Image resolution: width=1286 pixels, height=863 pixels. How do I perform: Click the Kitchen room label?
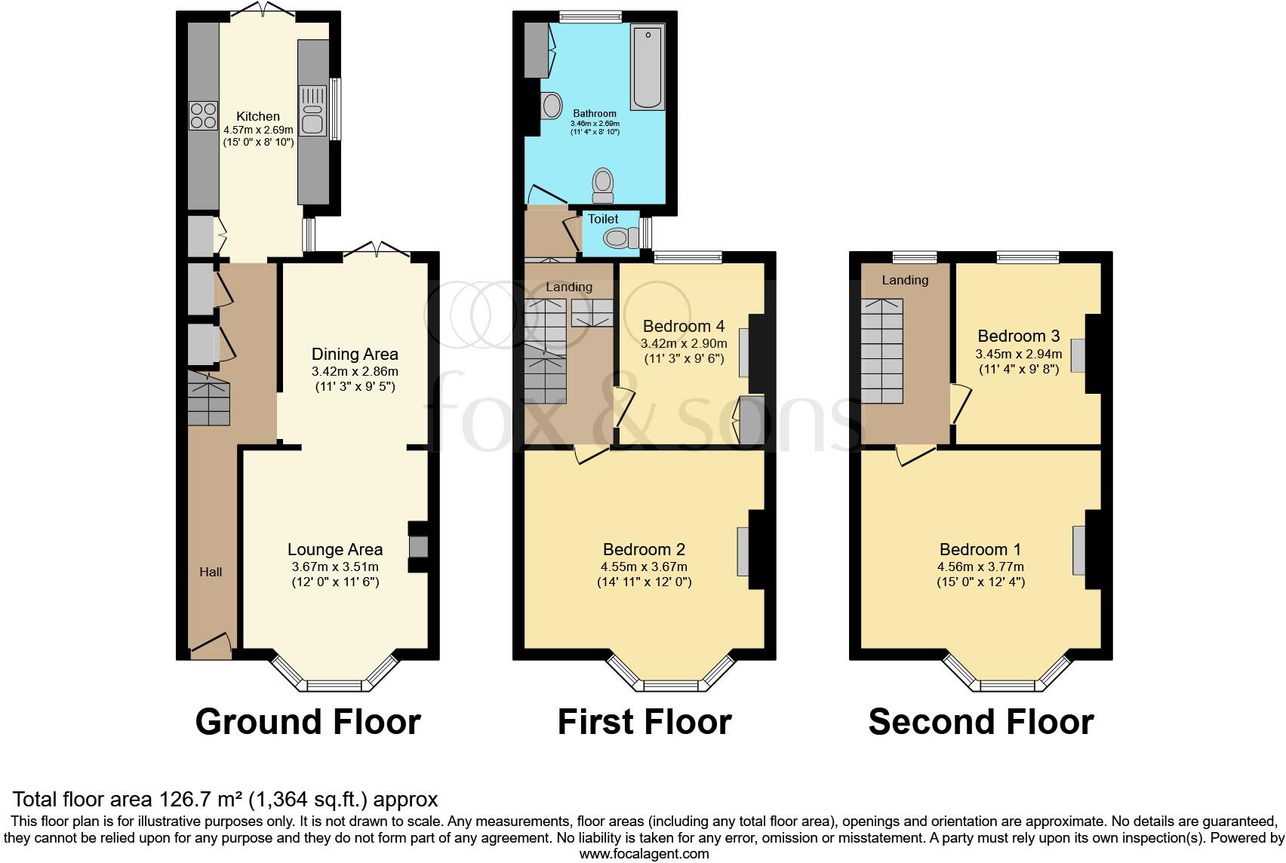pyautogui.click(x=258, y=116)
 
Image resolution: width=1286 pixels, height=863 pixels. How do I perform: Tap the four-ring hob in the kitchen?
pyautogui.click(x=202, y=116)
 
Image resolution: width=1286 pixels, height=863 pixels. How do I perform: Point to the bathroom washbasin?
pyautogui.click(x=552, y=106)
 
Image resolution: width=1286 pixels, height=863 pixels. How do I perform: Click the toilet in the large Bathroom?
pyautogui.click(x=602, y=186)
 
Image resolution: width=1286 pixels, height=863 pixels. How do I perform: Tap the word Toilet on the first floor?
pyautogui.click(x=603, y=219)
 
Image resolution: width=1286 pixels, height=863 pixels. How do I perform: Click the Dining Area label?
pyautogui.click(x=355, y=354)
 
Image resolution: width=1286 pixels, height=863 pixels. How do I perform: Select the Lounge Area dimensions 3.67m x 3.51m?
pyautogui.click(x=335, y=567)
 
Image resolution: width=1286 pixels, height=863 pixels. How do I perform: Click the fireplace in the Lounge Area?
pyautogui.click(x=417, y=546)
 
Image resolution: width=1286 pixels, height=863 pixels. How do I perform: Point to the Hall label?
pyautogui.click(x=211, y=572)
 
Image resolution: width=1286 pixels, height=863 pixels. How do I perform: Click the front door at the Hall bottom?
pyautogui.click(x=211, y=646)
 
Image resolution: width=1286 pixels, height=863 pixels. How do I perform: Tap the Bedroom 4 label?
pyautogui.click(x=683, y=326)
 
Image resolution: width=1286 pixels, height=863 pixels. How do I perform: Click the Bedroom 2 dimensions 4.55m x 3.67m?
pyautogui.click(x=644, y=567)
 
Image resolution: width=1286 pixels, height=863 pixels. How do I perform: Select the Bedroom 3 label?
pyautogui.click(x=1018, y=336)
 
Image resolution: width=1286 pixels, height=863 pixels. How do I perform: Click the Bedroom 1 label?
pyautogui.click(x=980, y=549)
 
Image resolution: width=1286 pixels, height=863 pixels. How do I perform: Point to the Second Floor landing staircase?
pyautogui.click(x=882, y=351)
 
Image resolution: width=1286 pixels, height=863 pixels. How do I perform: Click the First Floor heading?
pyautogui.click(x=644, y=722)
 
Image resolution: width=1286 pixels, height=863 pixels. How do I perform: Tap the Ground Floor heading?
pyautogui.click(x=308, y=722)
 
